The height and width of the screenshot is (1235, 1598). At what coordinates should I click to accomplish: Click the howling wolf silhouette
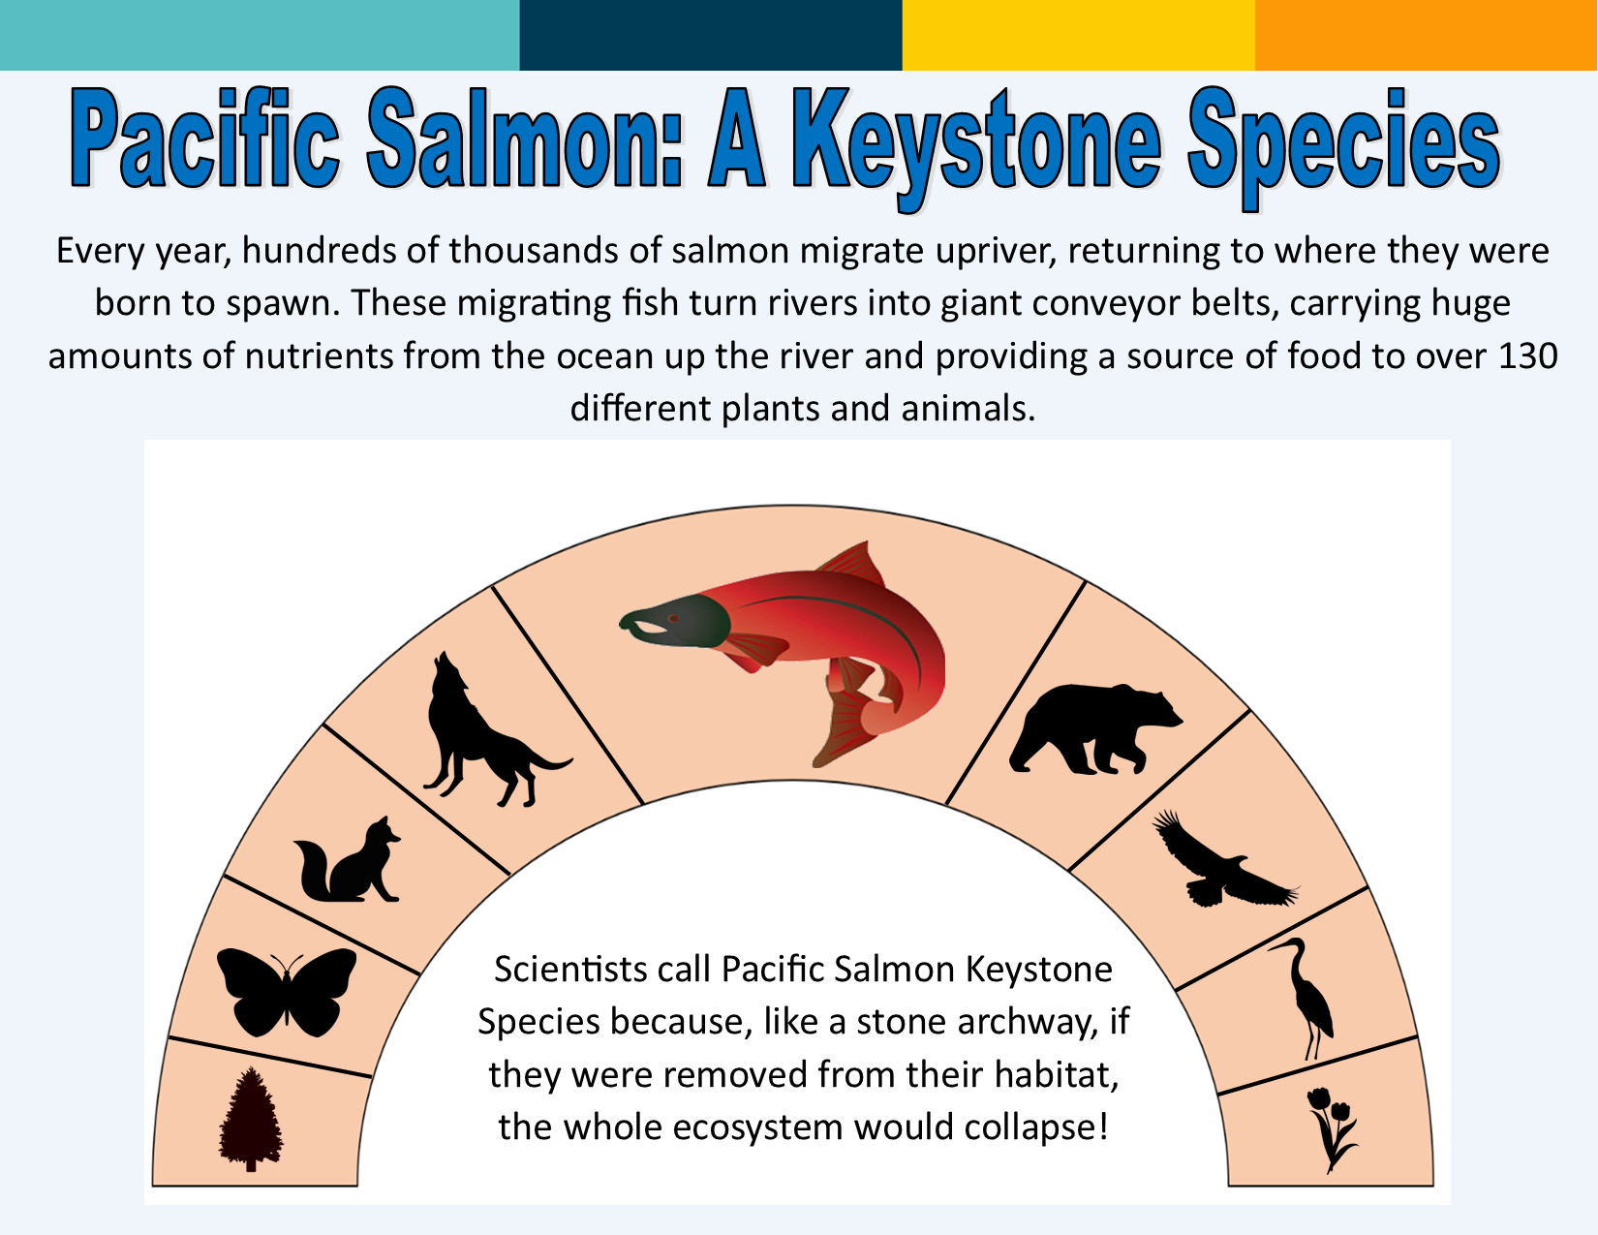(x=485, y=735)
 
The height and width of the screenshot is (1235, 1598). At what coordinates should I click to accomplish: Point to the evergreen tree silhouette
(x=251, y=1118)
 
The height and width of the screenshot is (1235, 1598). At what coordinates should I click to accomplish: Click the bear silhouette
(x=1094, y=729)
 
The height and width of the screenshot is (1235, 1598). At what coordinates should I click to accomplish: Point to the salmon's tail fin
(x=845, y=728)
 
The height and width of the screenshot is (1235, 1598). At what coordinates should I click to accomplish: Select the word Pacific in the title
(x=205, y=138)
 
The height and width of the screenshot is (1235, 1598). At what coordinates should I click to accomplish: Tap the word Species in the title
(x=1344, y=147)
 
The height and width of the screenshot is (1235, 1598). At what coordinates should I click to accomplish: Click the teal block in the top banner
(x=260, y=35)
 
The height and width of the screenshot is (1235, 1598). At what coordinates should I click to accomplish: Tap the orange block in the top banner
(x=1426, y=35)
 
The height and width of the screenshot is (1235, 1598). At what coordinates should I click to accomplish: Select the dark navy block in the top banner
(x=711, y=35)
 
